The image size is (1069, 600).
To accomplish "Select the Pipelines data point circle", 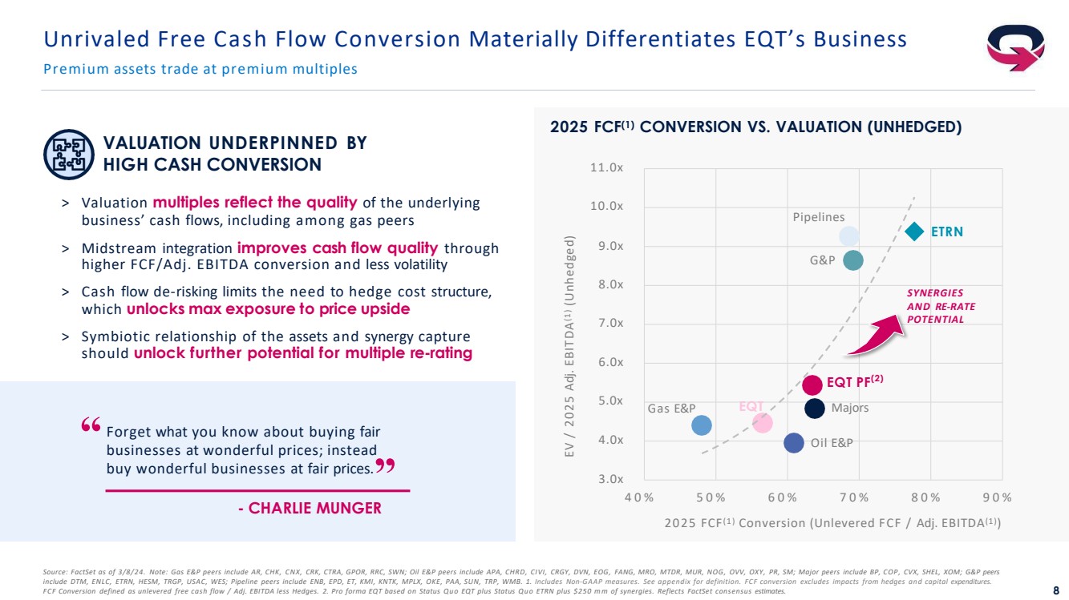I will [x=849, y=236].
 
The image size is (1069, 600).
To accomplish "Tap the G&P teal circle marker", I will [x=853, y=260].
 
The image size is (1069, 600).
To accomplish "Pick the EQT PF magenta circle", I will [x=812, y=385].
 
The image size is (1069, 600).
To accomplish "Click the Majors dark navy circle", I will [x=815, y=409].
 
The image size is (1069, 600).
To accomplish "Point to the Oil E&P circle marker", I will [x=794, y=443].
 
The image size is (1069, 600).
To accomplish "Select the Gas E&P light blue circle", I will [x=702, y=425].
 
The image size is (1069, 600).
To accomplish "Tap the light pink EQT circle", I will [x=763, y=422].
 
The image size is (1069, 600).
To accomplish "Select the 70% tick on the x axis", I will [x=857, y=497].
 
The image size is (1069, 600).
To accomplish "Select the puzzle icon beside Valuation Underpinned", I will [x=69, y=155].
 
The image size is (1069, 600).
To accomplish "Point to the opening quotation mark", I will [x=90, y=425].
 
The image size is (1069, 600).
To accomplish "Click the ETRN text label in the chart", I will [x=946, y=232].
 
